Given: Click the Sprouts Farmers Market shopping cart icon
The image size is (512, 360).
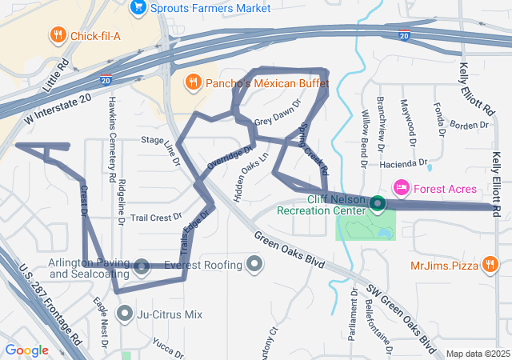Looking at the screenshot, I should click(x=137, y=9).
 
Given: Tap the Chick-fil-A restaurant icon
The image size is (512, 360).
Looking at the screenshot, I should click(x=58, y=34).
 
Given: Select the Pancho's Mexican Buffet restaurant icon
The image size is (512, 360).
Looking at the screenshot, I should click(x=193, y=82).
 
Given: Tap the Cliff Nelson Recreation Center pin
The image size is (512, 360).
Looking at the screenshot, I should click(x=377, y=205).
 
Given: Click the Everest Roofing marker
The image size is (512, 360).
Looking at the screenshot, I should click(x=254, y=264).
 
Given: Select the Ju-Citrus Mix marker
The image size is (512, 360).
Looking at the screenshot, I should click(x=124, y=314).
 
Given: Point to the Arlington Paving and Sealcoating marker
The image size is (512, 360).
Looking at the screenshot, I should click(x=142, y=266).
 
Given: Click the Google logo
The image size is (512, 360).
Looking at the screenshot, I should click(x=27, y=350).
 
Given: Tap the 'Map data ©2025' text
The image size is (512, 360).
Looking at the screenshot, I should click(x=477, y=354).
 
